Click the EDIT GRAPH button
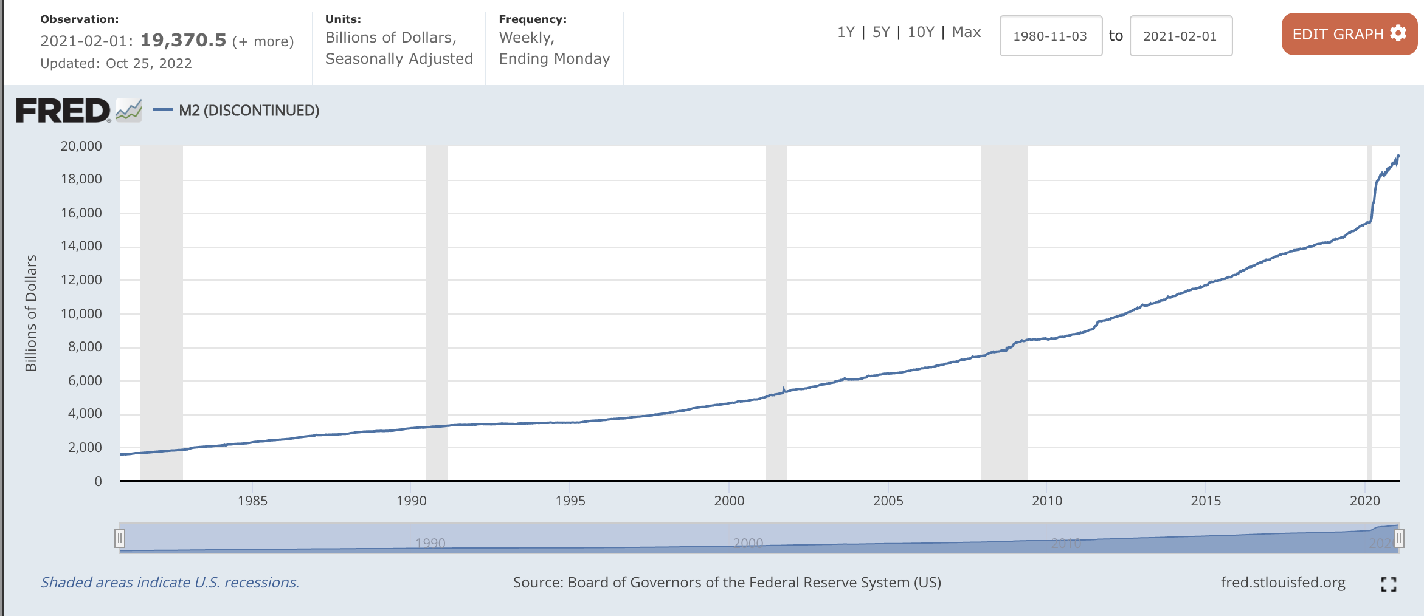tap(1349, 35)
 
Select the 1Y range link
tap(846, 32)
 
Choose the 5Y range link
tap(881, 32)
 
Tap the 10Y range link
tap(921, 32)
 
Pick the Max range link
tap(966, 32)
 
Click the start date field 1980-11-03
tap(1050, 36)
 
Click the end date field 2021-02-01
tap(1180, 36)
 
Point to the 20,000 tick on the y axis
tap(81, 146)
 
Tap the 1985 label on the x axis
tap(252, 501)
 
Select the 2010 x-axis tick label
tap(1047, 501)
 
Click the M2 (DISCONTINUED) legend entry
tap(249, 111)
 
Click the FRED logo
tap(63, 111)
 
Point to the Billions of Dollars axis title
tap(31, 313)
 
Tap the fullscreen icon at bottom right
tap(1388, 584)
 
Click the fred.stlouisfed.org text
tap(1283, 583)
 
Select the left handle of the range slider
tap(120, 538)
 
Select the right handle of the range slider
tap(1398, 538)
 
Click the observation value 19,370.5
tap(183, 41)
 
